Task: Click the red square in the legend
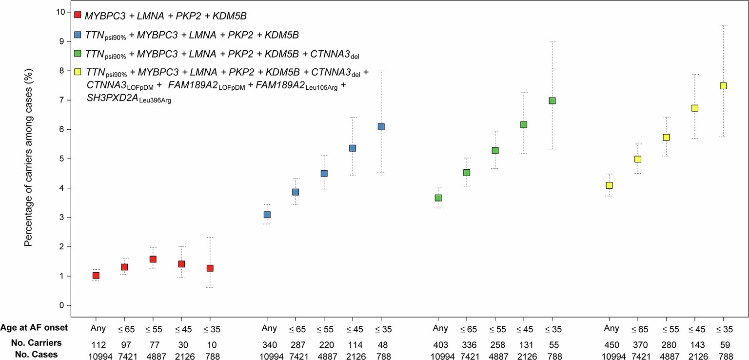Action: [77, 15]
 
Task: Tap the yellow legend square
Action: [77, 72]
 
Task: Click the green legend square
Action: [77, 53]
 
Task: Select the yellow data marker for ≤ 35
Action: [724, 86]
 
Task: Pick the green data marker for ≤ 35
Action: [552, 100]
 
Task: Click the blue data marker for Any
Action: [267, 215]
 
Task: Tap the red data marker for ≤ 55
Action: [153, 259]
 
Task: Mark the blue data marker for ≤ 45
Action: [353, 148]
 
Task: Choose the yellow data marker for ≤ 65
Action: [637, 159]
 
